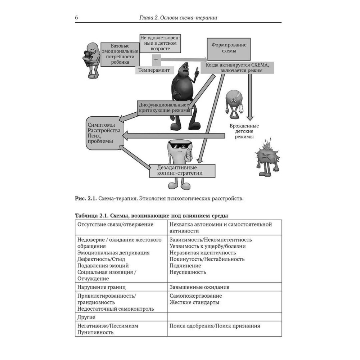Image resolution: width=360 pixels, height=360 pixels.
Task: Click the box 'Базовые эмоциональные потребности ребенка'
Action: (x=120, y=54)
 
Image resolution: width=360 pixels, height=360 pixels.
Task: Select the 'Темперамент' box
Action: (x=154, y=70)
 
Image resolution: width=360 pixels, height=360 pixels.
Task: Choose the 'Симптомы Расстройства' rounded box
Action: (x=104, y=133)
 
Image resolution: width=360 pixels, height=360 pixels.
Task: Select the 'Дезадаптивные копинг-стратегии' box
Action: (x=182, y=170)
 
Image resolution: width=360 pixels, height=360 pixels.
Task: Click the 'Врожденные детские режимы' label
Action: (x=244, y=131)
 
